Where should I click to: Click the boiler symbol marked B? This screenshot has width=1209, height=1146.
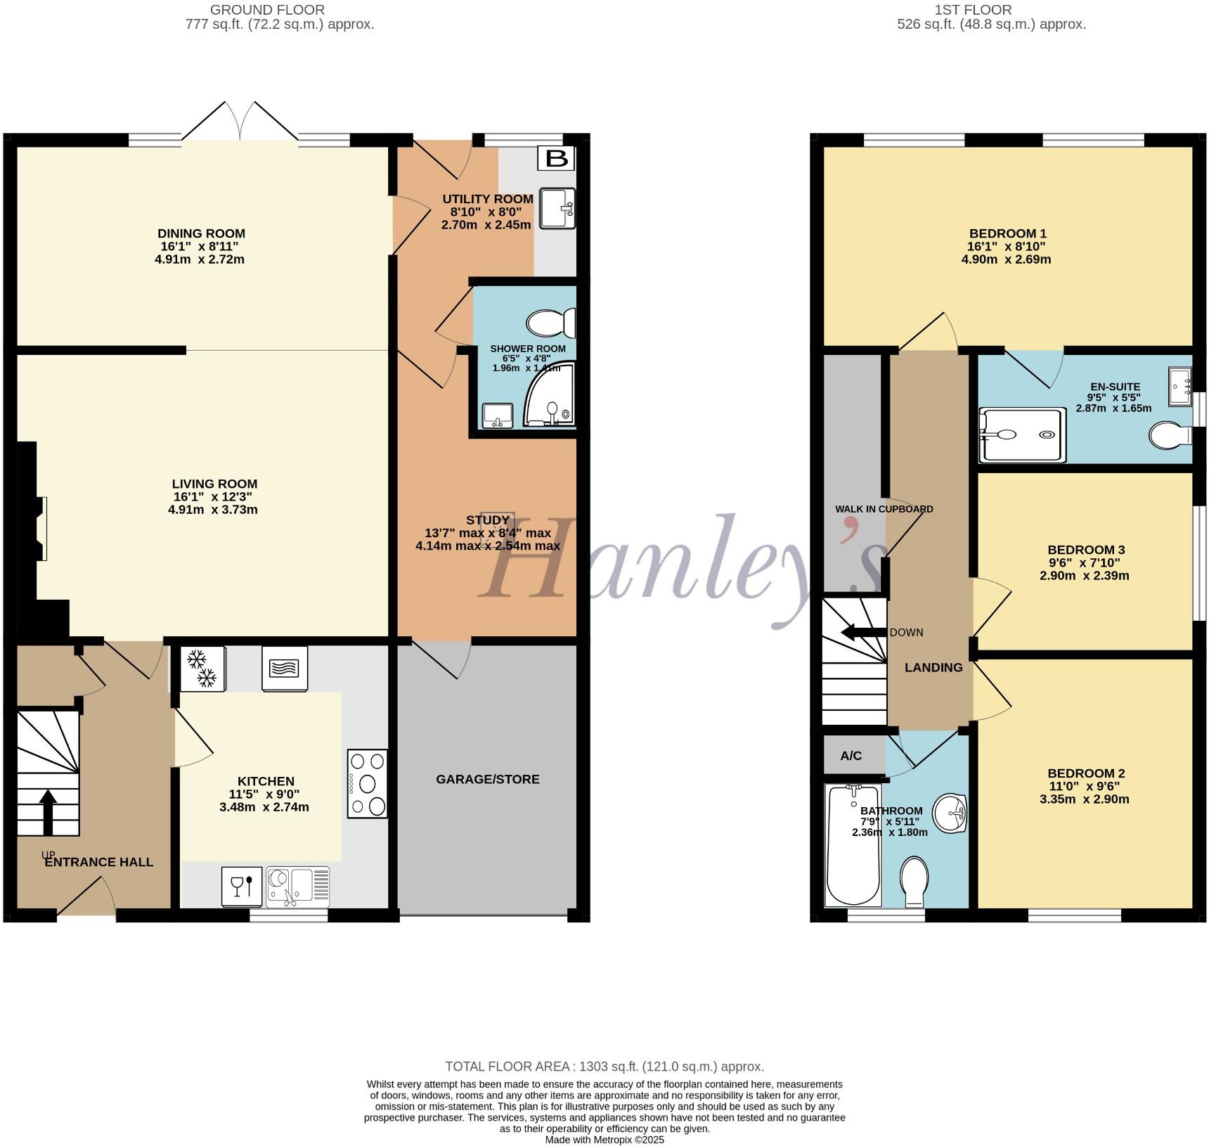point(556,158)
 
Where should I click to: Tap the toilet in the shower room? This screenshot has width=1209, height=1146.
point(550,323)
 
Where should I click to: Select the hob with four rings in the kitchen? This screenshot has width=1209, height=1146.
point(368,783)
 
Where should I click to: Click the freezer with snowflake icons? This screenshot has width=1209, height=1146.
point(202,668)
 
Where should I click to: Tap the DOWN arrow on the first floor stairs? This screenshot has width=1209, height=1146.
point(863,631)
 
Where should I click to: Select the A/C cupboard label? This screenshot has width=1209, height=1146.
point(851,756)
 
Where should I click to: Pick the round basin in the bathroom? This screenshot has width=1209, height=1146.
point(950,814)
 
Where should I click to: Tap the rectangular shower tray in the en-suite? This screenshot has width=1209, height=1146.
point(1023,435)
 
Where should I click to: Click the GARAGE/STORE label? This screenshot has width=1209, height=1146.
point(487,779)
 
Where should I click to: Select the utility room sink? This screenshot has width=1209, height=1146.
point(557,208)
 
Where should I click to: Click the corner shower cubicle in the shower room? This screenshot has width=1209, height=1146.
point(552,397)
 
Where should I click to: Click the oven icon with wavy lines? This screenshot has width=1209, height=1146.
point(285,669)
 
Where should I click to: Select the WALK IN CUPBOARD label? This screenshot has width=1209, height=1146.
point(884,509)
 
